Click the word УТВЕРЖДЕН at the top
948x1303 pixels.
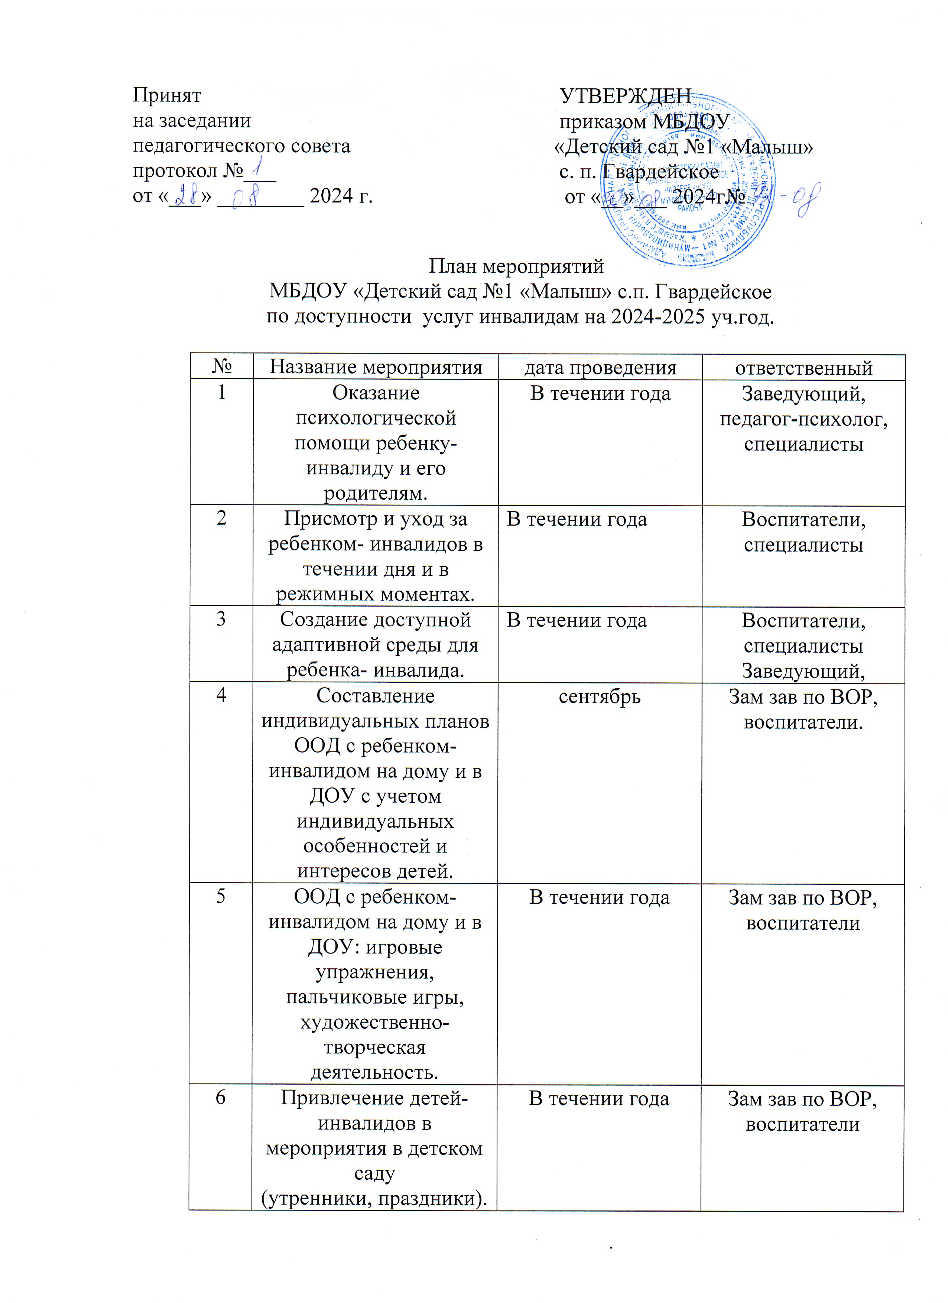[625, 96]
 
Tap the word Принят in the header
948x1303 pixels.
[167, 95]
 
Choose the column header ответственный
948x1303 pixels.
[803, 368]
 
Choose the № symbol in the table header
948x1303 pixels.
[221, 367]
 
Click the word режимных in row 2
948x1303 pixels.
[325, 594]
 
